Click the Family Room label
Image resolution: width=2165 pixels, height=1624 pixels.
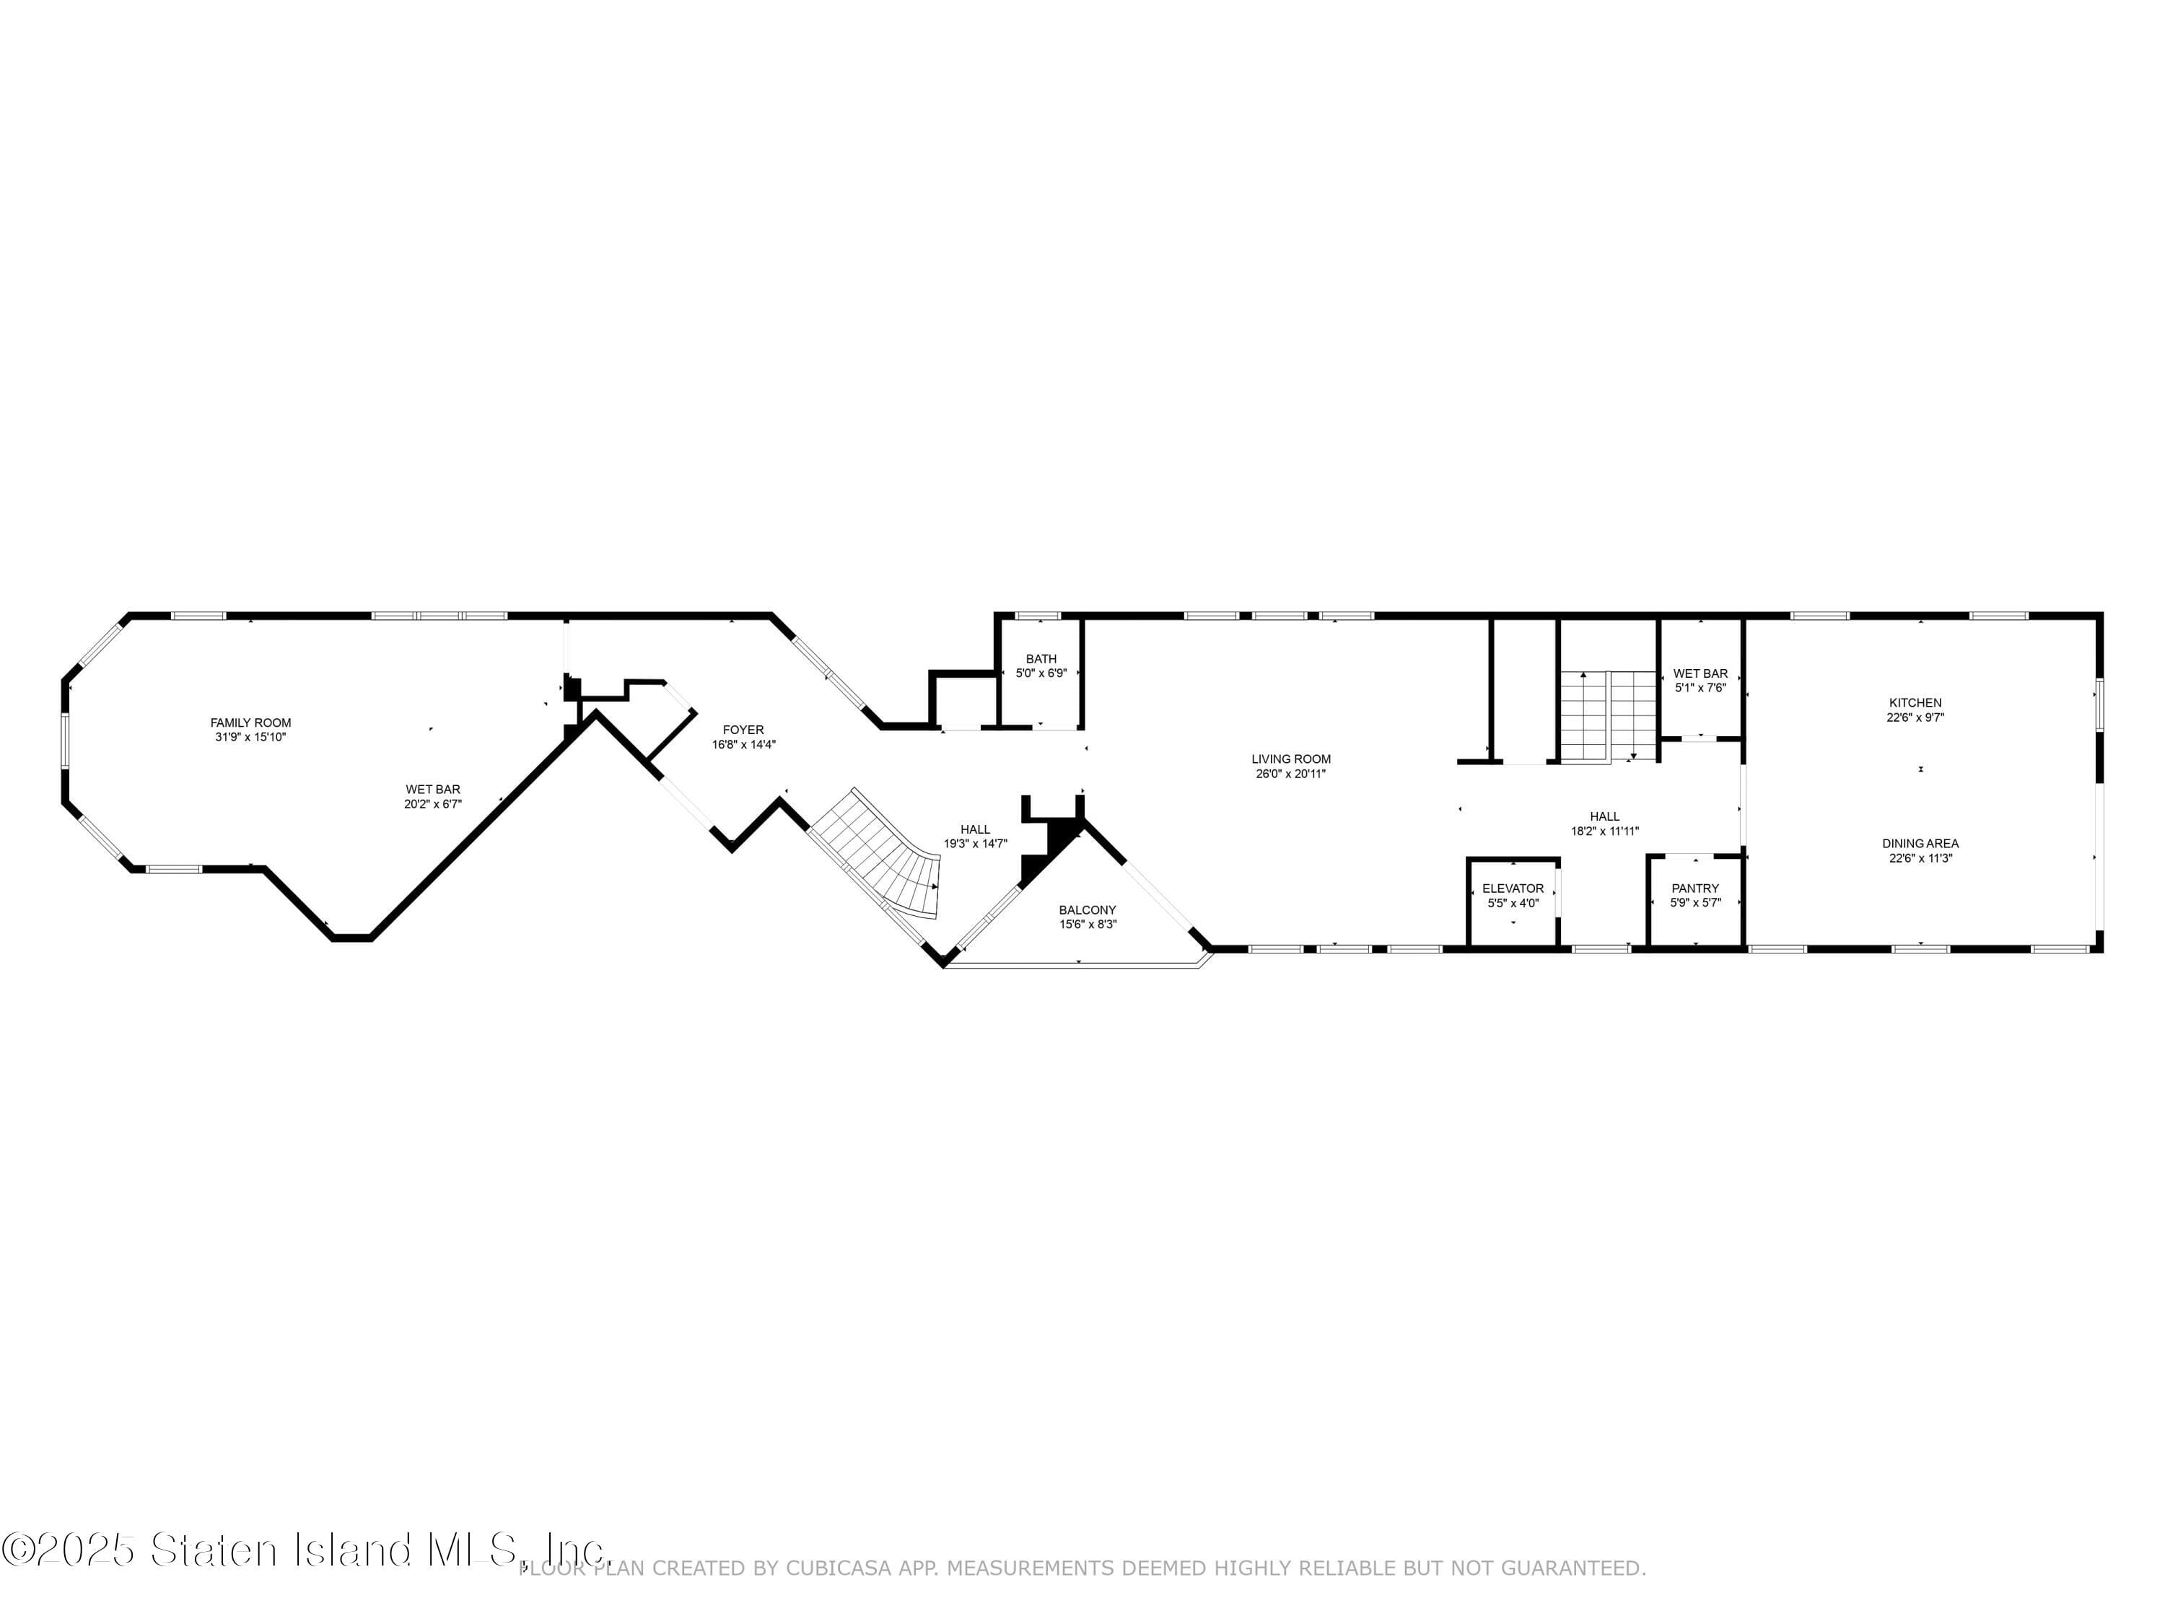[x=250, y=722]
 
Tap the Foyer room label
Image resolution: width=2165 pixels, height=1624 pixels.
[x=743, y=729]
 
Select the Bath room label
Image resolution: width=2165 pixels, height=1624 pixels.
[x=1041, y=659]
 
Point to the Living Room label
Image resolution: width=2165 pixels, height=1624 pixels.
[x=1291, y=759]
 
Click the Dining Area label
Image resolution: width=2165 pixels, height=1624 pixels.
[x=1920, y=843]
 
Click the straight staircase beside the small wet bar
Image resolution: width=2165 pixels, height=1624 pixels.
[x=1607, y=715]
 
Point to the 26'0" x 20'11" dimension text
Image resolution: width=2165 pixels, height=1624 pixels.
[x=1291, y=773]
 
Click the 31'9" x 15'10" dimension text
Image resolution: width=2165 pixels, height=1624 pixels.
[x=250, y=737]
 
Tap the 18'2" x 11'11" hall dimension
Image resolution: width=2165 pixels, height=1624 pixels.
[x=1604, y=831]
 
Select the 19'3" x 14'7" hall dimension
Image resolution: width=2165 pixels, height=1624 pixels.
[x=975, y=844]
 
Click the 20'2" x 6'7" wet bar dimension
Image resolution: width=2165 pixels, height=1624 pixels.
[x=432, y=803]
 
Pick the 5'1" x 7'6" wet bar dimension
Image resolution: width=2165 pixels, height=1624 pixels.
[x=1700, y=687]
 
